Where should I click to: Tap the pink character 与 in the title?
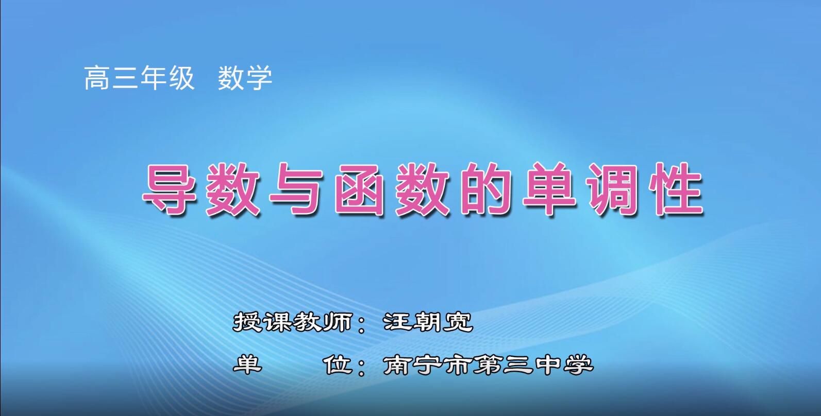pyautogui.click(x=295, y=189)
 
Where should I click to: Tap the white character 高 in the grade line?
pyautogui.click(x=97, y=78)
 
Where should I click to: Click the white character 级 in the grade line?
pyautogui.click(x=181, y=78)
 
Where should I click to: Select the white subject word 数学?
pyautogui.click(x=245, y=78)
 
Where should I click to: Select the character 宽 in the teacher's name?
pyautogui.click(x=459, y=322)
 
